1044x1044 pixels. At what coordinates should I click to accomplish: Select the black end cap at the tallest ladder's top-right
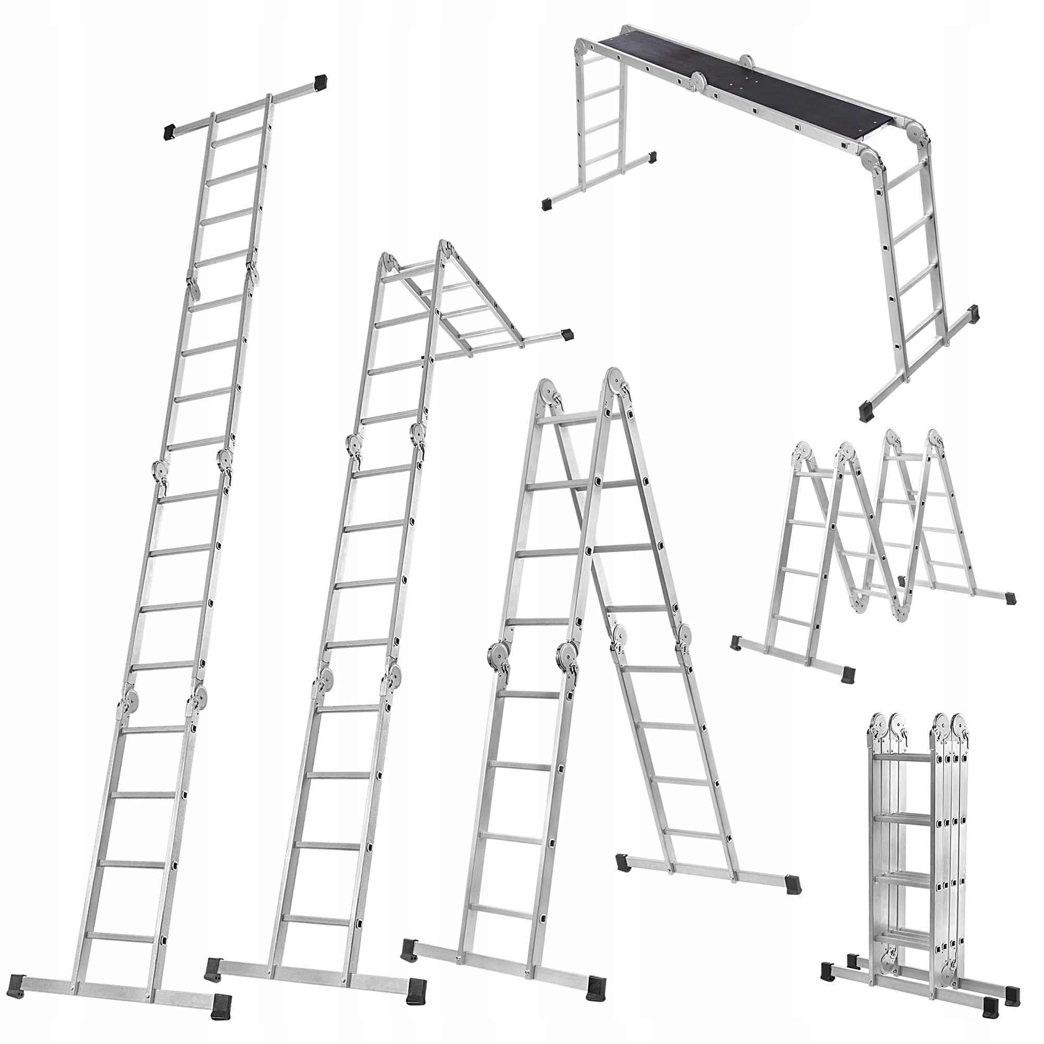[321, 81]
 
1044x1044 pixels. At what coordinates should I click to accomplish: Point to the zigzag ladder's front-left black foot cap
[737, 643]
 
